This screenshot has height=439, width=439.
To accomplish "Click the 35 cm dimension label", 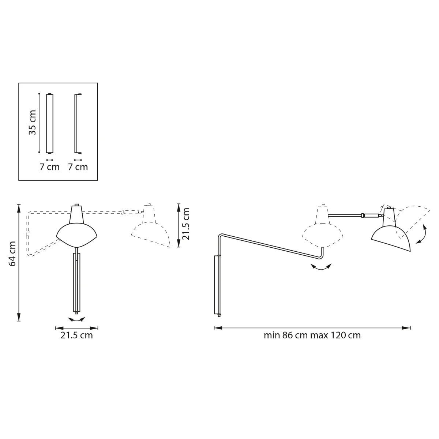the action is (33, 123).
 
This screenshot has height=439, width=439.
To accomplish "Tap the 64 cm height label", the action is (12, 254).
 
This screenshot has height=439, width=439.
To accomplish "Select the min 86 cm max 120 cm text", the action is (312, 335).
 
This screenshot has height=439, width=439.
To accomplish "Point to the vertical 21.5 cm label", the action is (186, 224).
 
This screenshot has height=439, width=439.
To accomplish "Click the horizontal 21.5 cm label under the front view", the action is (76, 335).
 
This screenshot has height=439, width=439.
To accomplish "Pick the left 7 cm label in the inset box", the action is (49, 167).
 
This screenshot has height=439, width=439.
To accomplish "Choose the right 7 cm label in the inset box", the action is (78, 167).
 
